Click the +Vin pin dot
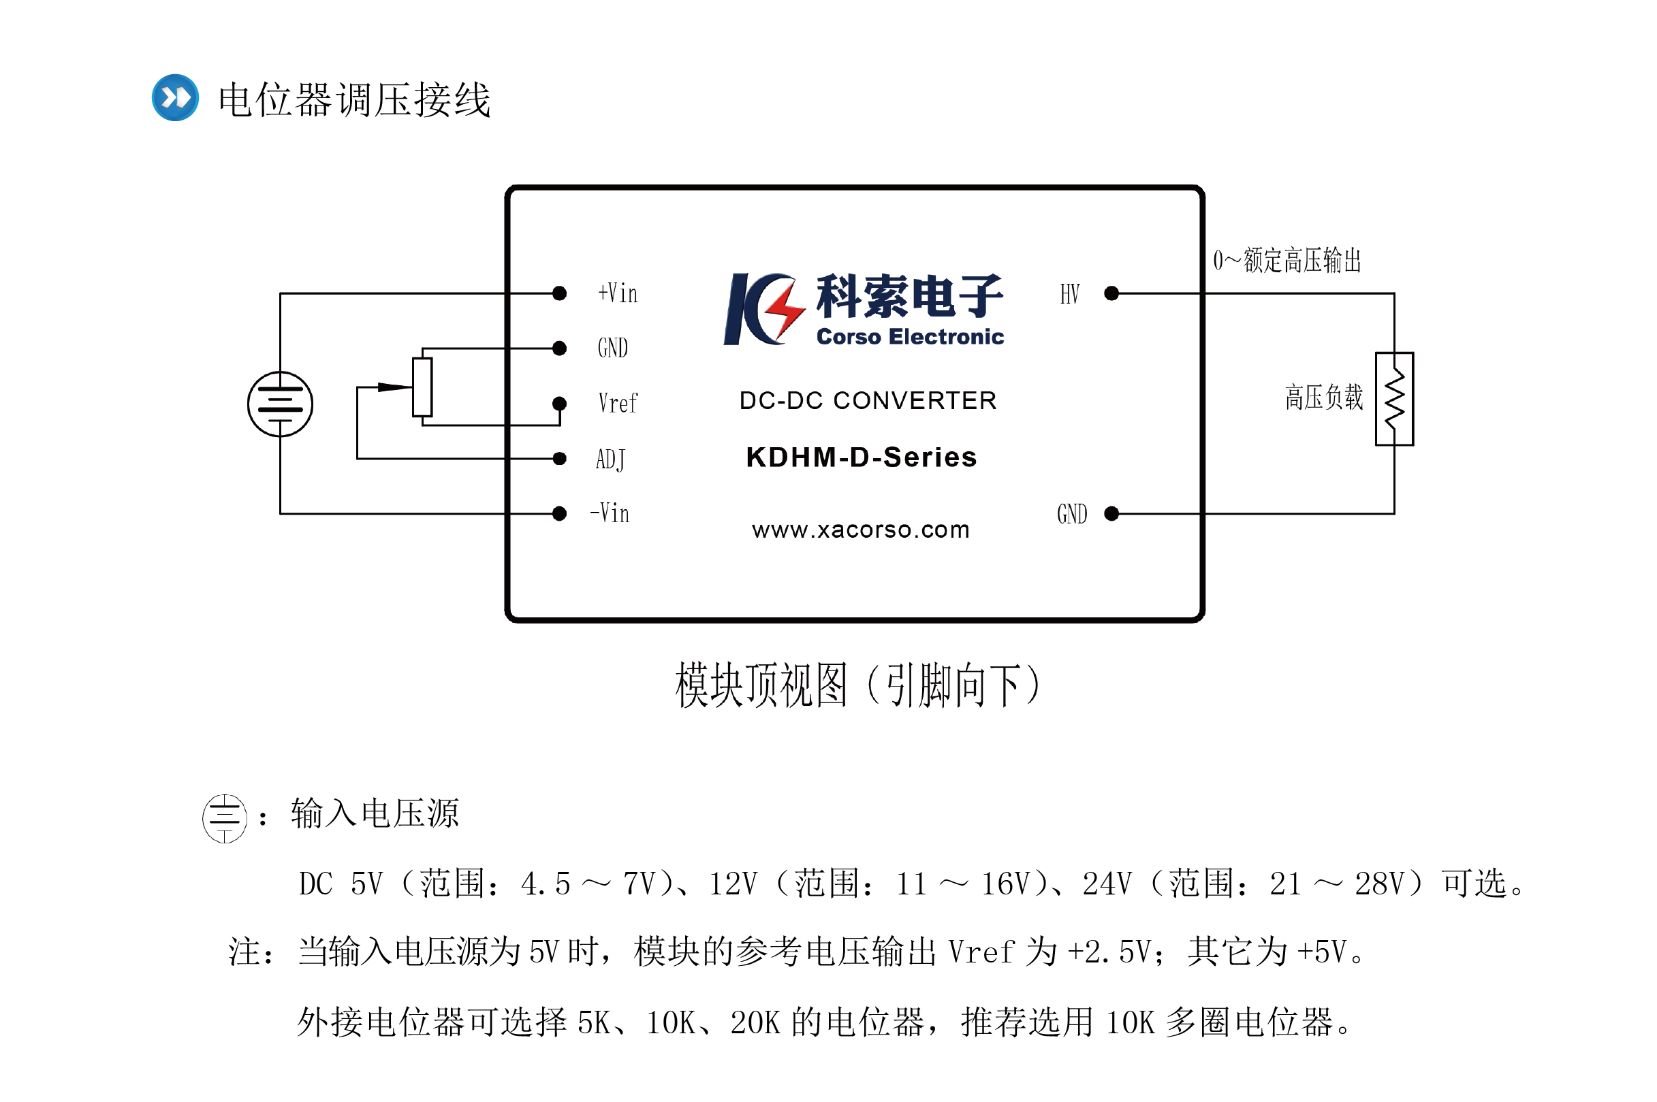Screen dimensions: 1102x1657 point(559,293)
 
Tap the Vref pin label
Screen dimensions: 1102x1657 point(617,404)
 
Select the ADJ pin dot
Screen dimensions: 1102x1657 point(559,459)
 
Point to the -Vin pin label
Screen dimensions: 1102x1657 point(610,513)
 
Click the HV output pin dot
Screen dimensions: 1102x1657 point(1111,293)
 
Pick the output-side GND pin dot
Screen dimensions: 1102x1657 point(1111,514)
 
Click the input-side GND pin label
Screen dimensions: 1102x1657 point(612,348)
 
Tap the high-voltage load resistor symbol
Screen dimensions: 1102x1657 point(1394,398)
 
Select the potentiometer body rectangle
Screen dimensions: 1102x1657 point(422,387)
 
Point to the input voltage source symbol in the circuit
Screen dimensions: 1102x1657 point(280,404)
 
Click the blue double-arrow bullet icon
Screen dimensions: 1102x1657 point(175,98)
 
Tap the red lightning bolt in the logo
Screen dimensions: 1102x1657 point(785,310)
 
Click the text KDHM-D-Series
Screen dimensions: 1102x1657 point(861,457)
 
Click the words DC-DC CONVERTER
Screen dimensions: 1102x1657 point(868,401)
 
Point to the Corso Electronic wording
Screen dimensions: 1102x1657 point(910,337)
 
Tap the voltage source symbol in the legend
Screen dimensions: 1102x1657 point(224,818)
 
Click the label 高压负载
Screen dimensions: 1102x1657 point(1323,398)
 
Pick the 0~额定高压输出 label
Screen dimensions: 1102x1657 point(1287,261)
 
